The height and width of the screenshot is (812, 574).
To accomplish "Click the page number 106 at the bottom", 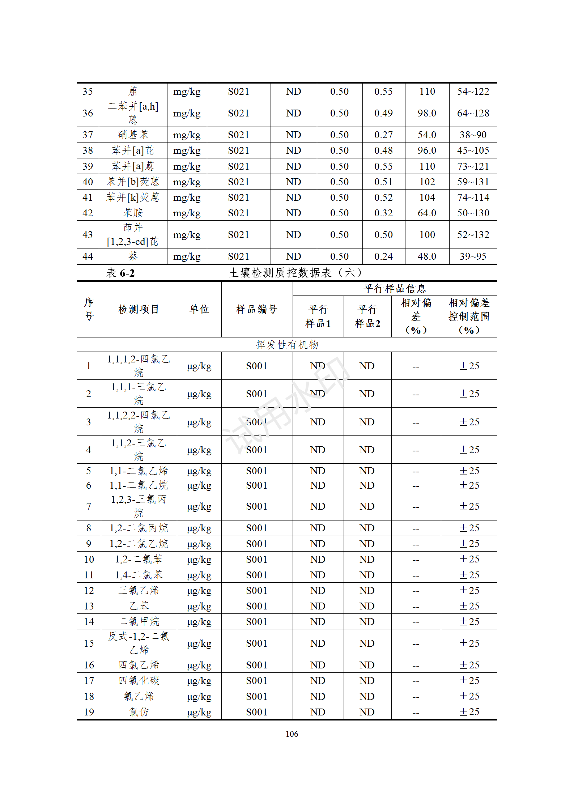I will click(292, 734).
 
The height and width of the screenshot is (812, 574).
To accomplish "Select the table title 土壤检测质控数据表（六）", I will click(295, 273).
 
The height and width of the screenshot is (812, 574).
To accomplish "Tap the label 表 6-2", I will click(120, 273).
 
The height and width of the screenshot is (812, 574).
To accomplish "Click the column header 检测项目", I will click(139, 309).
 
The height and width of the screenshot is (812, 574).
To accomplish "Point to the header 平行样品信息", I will click(395, 289).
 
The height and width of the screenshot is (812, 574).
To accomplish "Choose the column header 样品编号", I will click(256, 309).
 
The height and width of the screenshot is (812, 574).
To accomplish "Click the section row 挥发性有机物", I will click(287, 345).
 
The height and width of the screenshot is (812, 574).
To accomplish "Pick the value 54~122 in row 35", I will click(473, 92).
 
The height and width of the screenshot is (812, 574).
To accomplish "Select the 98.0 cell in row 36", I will click(427, 113).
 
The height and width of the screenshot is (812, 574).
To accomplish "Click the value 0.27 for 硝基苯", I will click(383, 135).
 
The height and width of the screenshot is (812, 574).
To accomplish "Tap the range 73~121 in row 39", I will click(473, 166).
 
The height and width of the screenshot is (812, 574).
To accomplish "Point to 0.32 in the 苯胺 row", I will click(383, 213).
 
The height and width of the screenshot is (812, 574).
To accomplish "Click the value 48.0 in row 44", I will click(427, 256).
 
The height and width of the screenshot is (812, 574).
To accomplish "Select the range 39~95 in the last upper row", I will click(473, 256).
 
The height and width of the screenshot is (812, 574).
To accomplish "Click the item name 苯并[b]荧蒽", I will click(133, 182).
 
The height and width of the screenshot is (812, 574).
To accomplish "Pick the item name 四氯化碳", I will click(139, 681).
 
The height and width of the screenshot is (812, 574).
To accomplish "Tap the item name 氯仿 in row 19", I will click(139, 712).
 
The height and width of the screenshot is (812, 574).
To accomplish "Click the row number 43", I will click(88, 235).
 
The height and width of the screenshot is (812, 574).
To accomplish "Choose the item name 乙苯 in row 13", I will click(139, 606).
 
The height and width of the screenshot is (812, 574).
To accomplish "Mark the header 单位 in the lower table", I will click(199, 309).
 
